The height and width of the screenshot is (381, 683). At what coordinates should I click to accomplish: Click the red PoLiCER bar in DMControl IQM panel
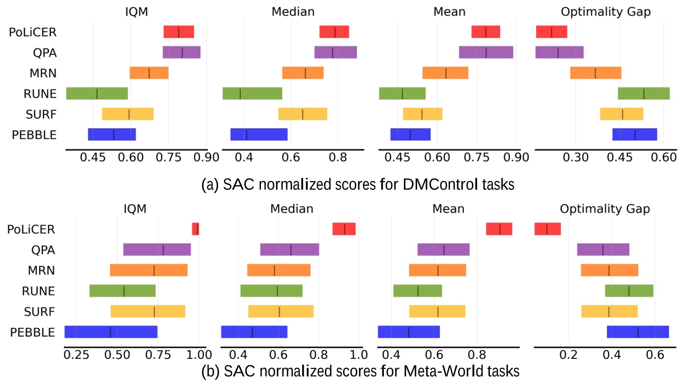coord(179,32)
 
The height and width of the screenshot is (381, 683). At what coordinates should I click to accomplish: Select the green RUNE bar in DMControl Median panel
coord(252,94)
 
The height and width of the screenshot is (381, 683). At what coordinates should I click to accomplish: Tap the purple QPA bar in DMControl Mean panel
coord(486,52)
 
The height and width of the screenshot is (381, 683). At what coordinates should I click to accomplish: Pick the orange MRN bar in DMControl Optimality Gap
coord(596,73)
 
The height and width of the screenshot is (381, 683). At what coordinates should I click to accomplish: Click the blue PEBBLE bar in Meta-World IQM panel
coord(111,332)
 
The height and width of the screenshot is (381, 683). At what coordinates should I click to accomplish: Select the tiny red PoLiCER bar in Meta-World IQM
coord(195,229)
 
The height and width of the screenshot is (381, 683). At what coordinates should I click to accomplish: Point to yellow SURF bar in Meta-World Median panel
coord(281,311)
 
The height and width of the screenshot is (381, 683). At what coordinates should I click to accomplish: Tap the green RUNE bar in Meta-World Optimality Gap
coord(629,290)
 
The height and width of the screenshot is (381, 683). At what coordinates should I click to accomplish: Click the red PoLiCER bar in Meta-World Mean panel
coord(499,229)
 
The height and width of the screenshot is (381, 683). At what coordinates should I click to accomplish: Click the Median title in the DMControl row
coord(292,12)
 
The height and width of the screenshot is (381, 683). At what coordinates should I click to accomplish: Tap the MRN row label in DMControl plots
coord(42,73)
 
